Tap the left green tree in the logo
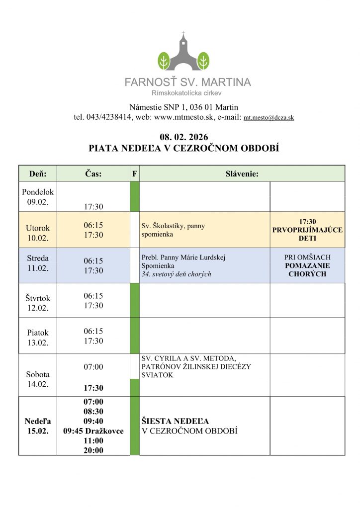tap(164, 61)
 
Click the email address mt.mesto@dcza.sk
tap(269, 118)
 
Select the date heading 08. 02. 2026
tap(183, 137)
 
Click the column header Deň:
tap(38, 174)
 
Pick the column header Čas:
tap(93, 174)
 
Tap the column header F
tap(134, 174)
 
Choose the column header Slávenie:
tap(242, 174)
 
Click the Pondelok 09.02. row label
tap(38, 197)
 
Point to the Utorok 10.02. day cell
tap(38, 233)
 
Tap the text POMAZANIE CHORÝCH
tap(307, 269)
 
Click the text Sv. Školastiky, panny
tap(173, 226)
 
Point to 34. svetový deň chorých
tap(177, 274)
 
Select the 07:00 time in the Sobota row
tap(93, 367)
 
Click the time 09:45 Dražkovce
tap(93, 431)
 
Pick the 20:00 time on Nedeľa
tap(93, 450)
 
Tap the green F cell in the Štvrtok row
tap(134, 300)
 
